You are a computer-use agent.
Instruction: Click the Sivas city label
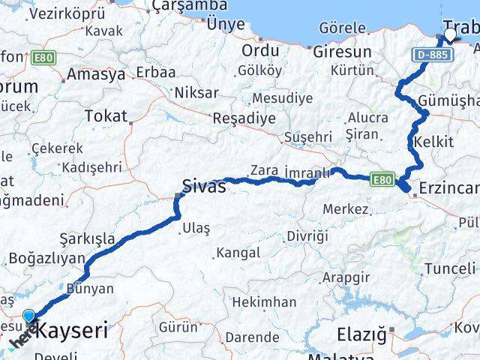204,186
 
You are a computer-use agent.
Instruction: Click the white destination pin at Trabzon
449,34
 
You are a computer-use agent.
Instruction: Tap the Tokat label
106,115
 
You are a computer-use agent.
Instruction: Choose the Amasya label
96,75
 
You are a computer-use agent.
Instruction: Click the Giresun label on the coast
342,52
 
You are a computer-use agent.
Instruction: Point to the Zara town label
263,169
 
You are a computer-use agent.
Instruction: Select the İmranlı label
307,172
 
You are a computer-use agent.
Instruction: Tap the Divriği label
307,236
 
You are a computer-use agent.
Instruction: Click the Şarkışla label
88,239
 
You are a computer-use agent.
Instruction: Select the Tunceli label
449,268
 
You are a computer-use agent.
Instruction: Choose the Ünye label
226,24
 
